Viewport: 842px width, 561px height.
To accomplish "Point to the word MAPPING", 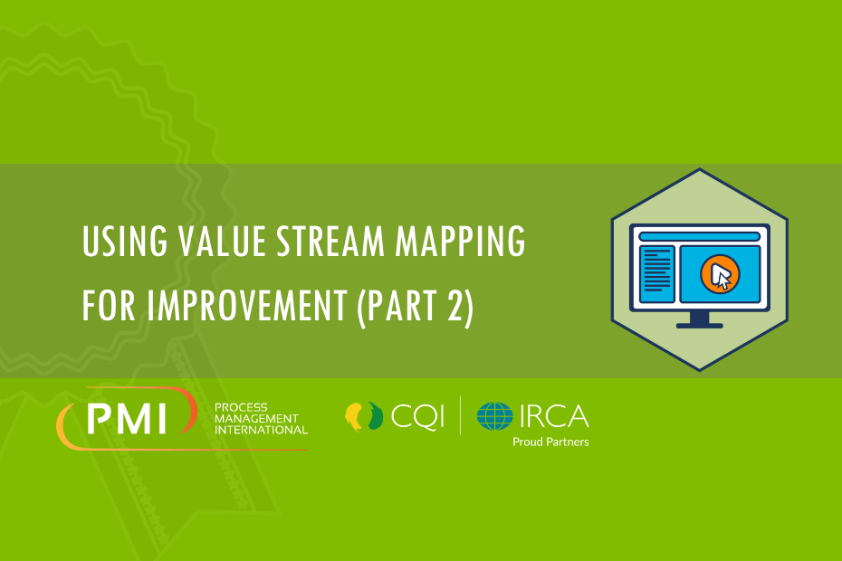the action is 460,242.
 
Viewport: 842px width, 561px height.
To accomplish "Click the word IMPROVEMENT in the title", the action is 247,306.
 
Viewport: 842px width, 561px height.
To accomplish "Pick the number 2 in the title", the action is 455,306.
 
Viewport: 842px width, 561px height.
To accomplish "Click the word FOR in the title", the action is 109,306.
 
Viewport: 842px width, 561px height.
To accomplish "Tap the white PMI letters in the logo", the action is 128,419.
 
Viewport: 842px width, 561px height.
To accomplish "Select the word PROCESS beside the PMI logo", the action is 241,407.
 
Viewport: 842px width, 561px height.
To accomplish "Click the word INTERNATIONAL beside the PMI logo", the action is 261,430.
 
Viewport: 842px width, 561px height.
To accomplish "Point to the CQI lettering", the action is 417,416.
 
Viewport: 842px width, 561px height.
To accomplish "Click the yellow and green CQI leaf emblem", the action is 364,416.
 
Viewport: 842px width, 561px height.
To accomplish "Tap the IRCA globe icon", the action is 495,416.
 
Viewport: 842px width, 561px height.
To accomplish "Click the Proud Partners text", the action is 551,442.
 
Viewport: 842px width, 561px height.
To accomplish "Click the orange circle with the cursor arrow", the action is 720,274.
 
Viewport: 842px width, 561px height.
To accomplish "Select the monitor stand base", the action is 700,326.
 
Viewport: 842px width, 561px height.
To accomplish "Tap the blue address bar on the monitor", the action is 700,237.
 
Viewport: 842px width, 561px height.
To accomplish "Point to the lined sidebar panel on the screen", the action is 656,274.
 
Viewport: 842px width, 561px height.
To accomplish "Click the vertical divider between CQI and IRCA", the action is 460,415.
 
